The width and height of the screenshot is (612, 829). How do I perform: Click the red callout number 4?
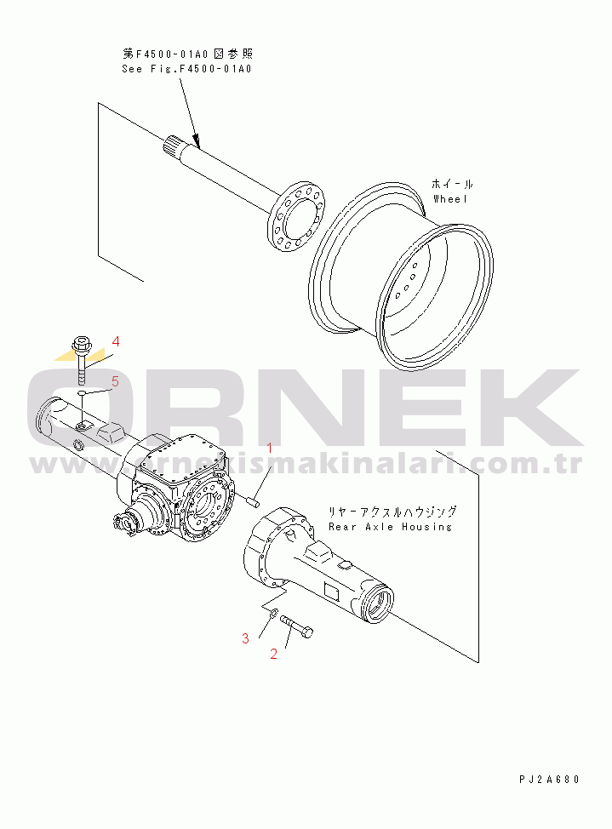[x=116, y=341]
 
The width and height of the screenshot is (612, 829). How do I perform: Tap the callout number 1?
[x=270, y=447]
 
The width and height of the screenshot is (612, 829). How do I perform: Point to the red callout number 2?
[x=274, y=654]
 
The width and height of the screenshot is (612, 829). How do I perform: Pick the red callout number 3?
[x=245, y=637]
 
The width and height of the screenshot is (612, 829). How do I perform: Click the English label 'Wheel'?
[x=450, y=198]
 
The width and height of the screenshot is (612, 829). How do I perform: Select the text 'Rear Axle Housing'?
[x=390, y=527]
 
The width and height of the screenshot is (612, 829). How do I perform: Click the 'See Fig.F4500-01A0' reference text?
[x=186, y=69]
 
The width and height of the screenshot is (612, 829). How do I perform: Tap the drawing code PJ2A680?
[x=548, y=779]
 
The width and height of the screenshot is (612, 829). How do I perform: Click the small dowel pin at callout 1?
[x=252, y=500]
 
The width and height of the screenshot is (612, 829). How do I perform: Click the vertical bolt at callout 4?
[x=82, y=361]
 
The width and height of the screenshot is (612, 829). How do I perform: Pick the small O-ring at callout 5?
[x=81, y=394]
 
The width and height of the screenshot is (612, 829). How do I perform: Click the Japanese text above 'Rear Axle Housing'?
[x=392, y=512]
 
